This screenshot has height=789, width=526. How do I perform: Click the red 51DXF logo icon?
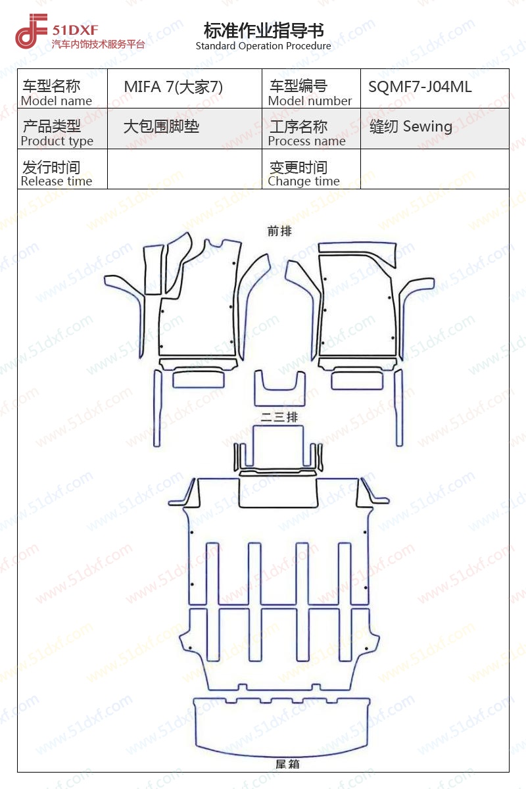click(31, 31)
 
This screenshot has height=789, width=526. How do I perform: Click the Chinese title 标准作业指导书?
click(264, 30)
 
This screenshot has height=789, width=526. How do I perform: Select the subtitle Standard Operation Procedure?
click(263, 46)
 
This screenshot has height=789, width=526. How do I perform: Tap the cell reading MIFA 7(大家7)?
click(174, 87)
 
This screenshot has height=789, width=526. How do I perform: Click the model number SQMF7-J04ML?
click(419, 87)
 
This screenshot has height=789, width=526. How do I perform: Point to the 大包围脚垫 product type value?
click(161, 126)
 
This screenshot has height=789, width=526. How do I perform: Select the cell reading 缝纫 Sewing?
click(411, 126)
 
